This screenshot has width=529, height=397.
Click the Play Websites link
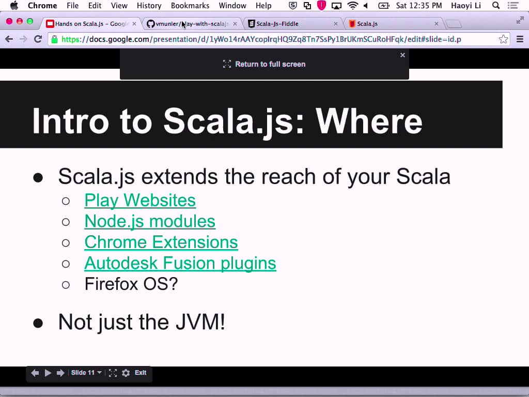[x=139, y=200]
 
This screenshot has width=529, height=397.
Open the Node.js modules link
[x=150, y=221]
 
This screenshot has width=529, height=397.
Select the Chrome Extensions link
[x=161, y=242]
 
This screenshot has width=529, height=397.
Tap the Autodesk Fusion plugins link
[x=180, y=263]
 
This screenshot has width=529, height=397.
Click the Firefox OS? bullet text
[x=131, y=284]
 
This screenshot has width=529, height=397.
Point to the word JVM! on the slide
[x=200, y=322]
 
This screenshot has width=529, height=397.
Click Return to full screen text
[x=270, y=64]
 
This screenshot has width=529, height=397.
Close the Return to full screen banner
[x=402, y=55]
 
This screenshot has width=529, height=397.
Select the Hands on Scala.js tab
[x=91, y=24]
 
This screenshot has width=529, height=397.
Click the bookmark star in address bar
[x=503, y=39]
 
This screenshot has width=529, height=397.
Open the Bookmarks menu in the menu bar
[x=190, y=6]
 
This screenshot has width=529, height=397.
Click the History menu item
[x=149, y=6]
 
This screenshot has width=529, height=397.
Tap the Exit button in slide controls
[x=141, y=372]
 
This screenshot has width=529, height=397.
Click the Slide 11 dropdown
[x=86, y=373]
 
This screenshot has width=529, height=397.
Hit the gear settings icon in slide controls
[x=126, y=373]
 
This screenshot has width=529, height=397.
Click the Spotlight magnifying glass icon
[x=496, y=5]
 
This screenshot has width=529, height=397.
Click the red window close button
[x=9, y=21]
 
